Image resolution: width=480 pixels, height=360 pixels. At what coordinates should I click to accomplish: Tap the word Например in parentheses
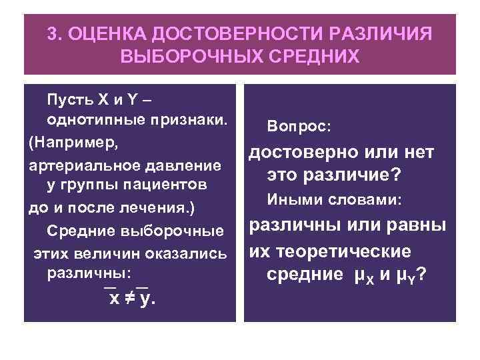pos(73,143)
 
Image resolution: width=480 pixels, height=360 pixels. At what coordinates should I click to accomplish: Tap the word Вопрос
pos(293,126)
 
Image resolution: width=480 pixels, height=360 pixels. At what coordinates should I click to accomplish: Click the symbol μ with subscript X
pos(358,275)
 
